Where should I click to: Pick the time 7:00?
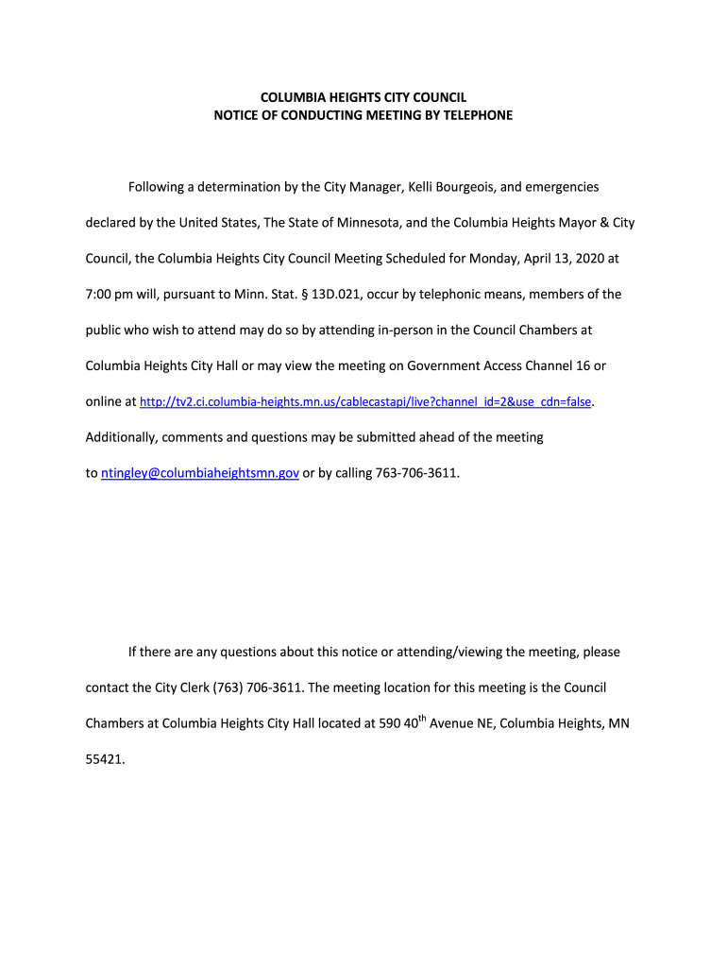[x=101, y=295]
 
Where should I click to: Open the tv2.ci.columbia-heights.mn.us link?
[x=365, y=402]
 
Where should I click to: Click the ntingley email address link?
[x=200, y=473]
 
